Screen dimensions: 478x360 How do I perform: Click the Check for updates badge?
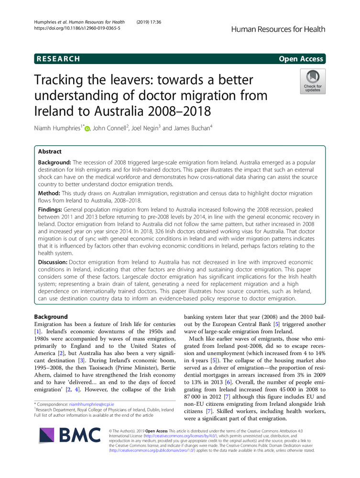(313, 81)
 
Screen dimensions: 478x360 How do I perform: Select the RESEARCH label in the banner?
(57, 59)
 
